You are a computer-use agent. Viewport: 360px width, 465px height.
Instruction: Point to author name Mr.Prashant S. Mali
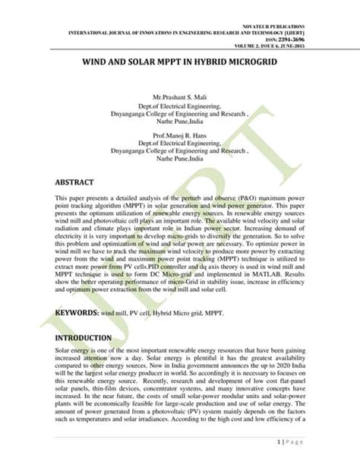[179, 100]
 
